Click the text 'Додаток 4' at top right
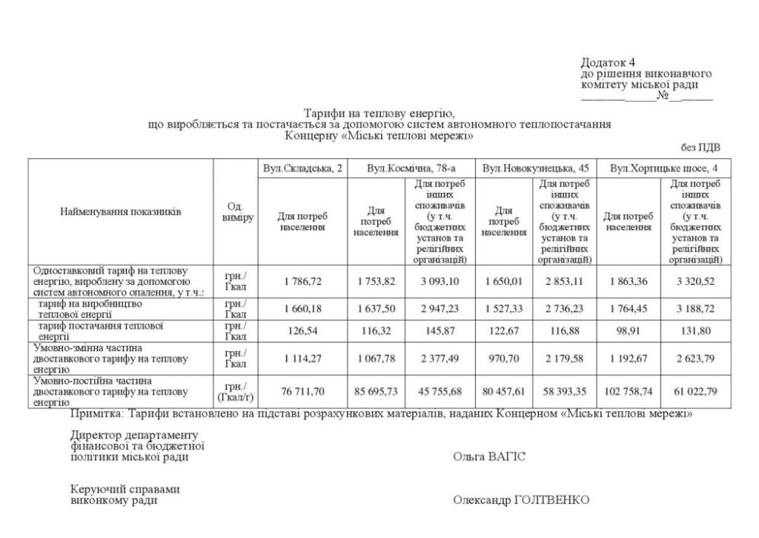tap(608, 62)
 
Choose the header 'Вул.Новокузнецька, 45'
tap(535, 168)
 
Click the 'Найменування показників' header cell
tap(121, 212)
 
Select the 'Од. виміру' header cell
tap(235, 212)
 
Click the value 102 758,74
tap(628, 391)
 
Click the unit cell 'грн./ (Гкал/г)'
tap(235, 391)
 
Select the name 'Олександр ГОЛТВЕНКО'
tap(521, 500)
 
